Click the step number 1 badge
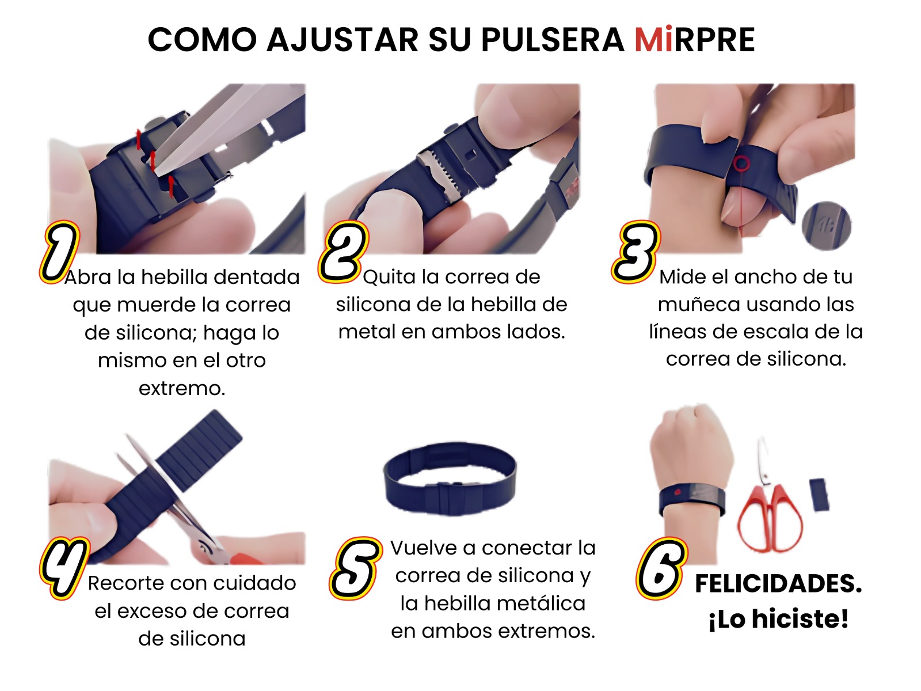60,252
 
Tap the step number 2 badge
344,251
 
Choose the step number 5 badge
356,568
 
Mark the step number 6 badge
662,568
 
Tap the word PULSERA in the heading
553,40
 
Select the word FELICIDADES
778,583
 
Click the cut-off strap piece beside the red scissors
819,495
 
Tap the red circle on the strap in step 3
741,163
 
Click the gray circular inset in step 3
826,226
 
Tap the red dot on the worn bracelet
676,491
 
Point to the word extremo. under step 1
182,388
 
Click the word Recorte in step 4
125,583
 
